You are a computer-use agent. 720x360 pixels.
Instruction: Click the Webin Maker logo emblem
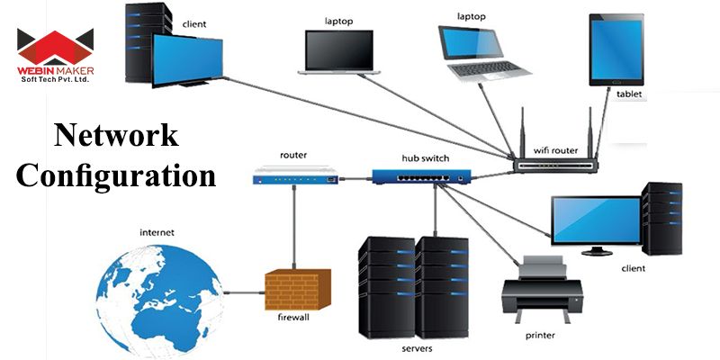tap(55, 44)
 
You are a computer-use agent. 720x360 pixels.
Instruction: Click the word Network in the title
tap(116, 136)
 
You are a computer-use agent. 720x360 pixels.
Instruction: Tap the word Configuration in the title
tap(116, 174)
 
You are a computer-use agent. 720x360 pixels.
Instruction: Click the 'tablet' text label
tap(629, 94)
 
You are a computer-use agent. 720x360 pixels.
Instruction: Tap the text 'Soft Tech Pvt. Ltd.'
tap(55, 80)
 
